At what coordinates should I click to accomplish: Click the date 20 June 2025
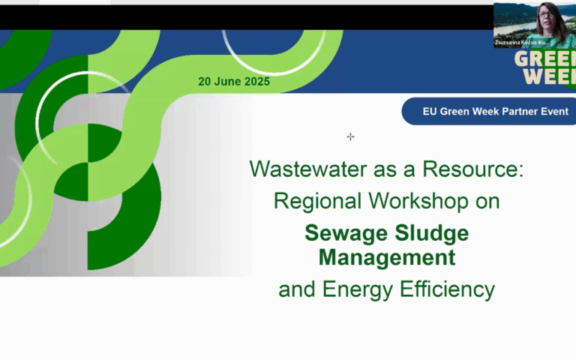[234, 82]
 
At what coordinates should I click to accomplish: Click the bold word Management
[386, 257]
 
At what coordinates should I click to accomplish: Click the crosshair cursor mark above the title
[350, 136]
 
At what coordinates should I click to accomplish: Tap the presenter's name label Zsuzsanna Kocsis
[523, 43]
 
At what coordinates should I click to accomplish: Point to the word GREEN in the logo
[550, 59]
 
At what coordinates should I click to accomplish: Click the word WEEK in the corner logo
[550, 76]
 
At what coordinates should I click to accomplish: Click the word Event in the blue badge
[553, 112]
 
